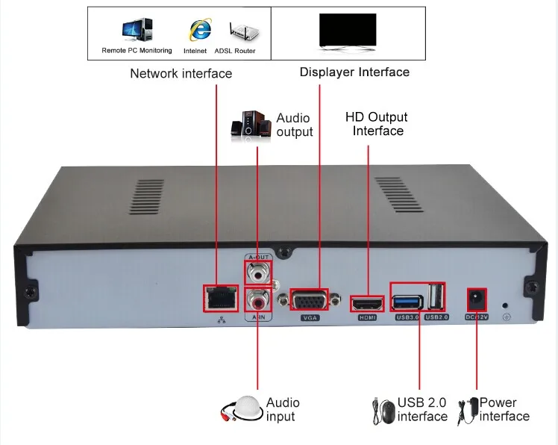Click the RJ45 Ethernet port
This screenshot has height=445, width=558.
(x=221, y=298)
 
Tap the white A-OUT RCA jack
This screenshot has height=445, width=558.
(x=257, y=273)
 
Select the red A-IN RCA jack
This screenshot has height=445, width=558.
(x=257, y=300)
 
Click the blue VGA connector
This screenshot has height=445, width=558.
(x=310, y=300)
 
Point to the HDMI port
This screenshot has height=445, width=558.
(x=367, y=304)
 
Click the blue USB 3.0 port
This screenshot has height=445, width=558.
(x=407, y=302)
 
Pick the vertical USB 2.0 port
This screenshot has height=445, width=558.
(x=436, y=296)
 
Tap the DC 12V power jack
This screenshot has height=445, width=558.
(x=476, y=300)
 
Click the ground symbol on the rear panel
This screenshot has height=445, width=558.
(x=507, y=317)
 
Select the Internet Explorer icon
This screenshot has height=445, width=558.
(x=201, y=30)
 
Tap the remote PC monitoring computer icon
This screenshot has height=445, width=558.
(x=137, y=30)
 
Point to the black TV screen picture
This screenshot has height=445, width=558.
(x=348, y=31)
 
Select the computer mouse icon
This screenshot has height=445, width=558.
(x=384, y=411)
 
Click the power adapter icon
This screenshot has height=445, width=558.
(x=468, y=411)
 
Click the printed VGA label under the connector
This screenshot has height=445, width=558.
(x=310, y=318)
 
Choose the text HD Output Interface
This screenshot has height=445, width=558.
(x=377, y=124)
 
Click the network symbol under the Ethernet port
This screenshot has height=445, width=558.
(x=222, y=320)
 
